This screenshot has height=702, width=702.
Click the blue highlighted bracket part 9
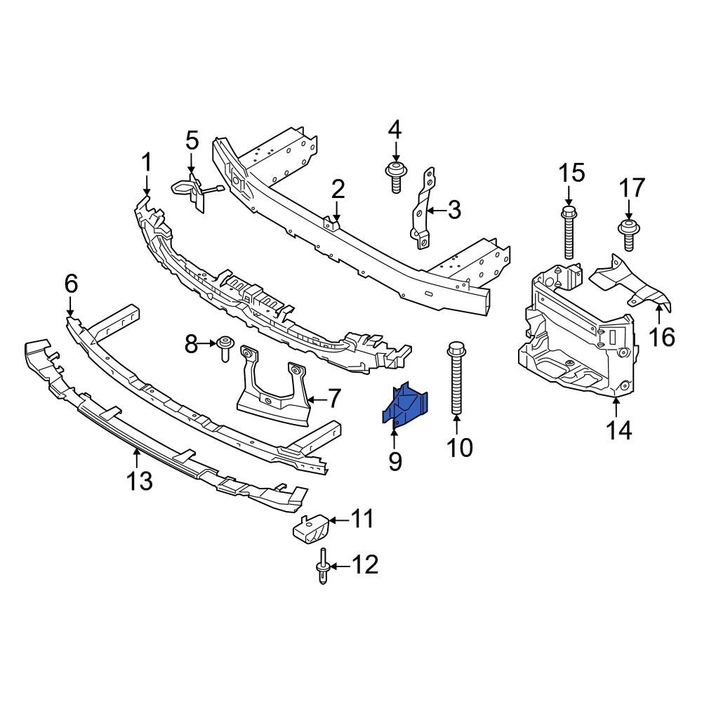406,406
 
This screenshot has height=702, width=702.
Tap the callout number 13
139,482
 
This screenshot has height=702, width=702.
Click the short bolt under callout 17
628,233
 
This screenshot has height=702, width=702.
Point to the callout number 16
662,337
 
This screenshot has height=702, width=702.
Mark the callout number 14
620,429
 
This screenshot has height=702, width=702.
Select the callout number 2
338,190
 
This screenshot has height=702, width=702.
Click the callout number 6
71,284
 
